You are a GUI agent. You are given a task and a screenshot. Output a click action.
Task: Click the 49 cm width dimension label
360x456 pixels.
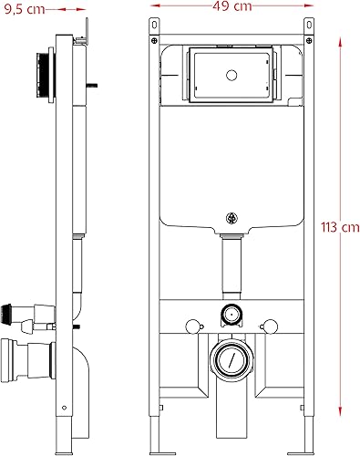point(232,6)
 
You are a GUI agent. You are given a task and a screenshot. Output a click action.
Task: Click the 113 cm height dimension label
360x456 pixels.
point(340,227)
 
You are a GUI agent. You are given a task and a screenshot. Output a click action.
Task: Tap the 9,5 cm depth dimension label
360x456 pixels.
point(25,9)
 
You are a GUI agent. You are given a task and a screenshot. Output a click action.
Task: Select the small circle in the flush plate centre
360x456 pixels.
point(231,75)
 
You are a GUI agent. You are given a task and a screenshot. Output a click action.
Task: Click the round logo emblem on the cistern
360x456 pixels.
point(231,218)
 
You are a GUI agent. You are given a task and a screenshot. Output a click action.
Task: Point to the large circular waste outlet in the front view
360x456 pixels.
point(231,358)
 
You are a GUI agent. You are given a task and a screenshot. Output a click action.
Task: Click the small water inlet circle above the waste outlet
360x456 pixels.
point(231,314)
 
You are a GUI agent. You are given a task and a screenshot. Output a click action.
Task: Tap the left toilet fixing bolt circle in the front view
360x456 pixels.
point(192,326)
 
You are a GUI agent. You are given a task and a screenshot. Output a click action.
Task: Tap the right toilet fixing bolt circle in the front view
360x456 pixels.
point(271,326)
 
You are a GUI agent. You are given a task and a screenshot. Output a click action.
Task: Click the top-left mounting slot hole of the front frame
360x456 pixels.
point(154,25)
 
